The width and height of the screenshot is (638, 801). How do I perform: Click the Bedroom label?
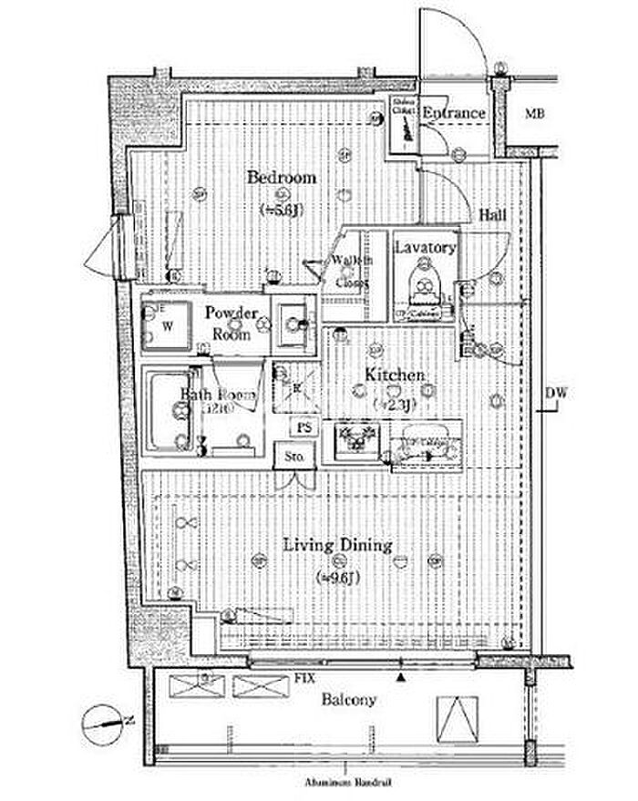[x=282, y=178]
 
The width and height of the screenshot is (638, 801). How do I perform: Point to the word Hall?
[x=493, y=216]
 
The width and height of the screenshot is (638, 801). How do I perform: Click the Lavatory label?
[x=424, y=248]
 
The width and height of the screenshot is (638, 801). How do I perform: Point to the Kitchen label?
[x=395, y=375]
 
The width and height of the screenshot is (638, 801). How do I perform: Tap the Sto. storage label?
[x=294, y=456]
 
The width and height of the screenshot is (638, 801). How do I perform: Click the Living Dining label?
[x=336, y=546]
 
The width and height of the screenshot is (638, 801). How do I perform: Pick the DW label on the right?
[x=556, y=394]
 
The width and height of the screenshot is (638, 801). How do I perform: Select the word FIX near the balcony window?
[x=305, y=678]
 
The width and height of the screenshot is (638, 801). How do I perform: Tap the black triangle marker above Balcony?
[x=400, y=677]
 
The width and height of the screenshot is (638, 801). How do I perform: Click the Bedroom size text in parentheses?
[x=281, y=209]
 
